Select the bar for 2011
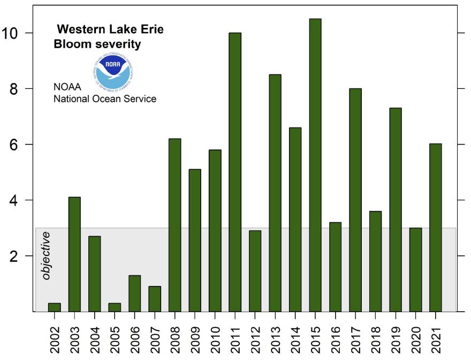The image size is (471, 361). (235, 172)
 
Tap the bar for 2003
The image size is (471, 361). (74, 254)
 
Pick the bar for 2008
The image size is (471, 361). (175, 225)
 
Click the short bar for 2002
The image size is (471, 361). (55, 307)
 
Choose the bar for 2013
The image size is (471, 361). (275, 193)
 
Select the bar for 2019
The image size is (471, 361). (396, 209)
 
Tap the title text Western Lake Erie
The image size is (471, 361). (110, 29)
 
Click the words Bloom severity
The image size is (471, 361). (97, 44)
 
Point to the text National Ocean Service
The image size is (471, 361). (105, 99)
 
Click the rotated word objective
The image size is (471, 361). (47, 255)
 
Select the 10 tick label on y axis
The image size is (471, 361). (13, 33)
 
